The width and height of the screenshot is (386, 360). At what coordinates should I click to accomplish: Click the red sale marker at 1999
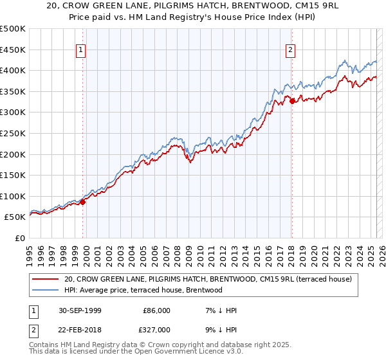point(82,202)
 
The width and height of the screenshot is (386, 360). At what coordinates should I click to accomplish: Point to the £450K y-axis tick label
point(13,50)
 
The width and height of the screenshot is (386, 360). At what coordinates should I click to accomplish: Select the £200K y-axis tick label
point(13,154)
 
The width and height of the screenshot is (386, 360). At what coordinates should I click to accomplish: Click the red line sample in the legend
point(45,280)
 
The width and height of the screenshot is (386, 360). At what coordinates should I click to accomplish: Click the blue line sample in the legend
point(45,290)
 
